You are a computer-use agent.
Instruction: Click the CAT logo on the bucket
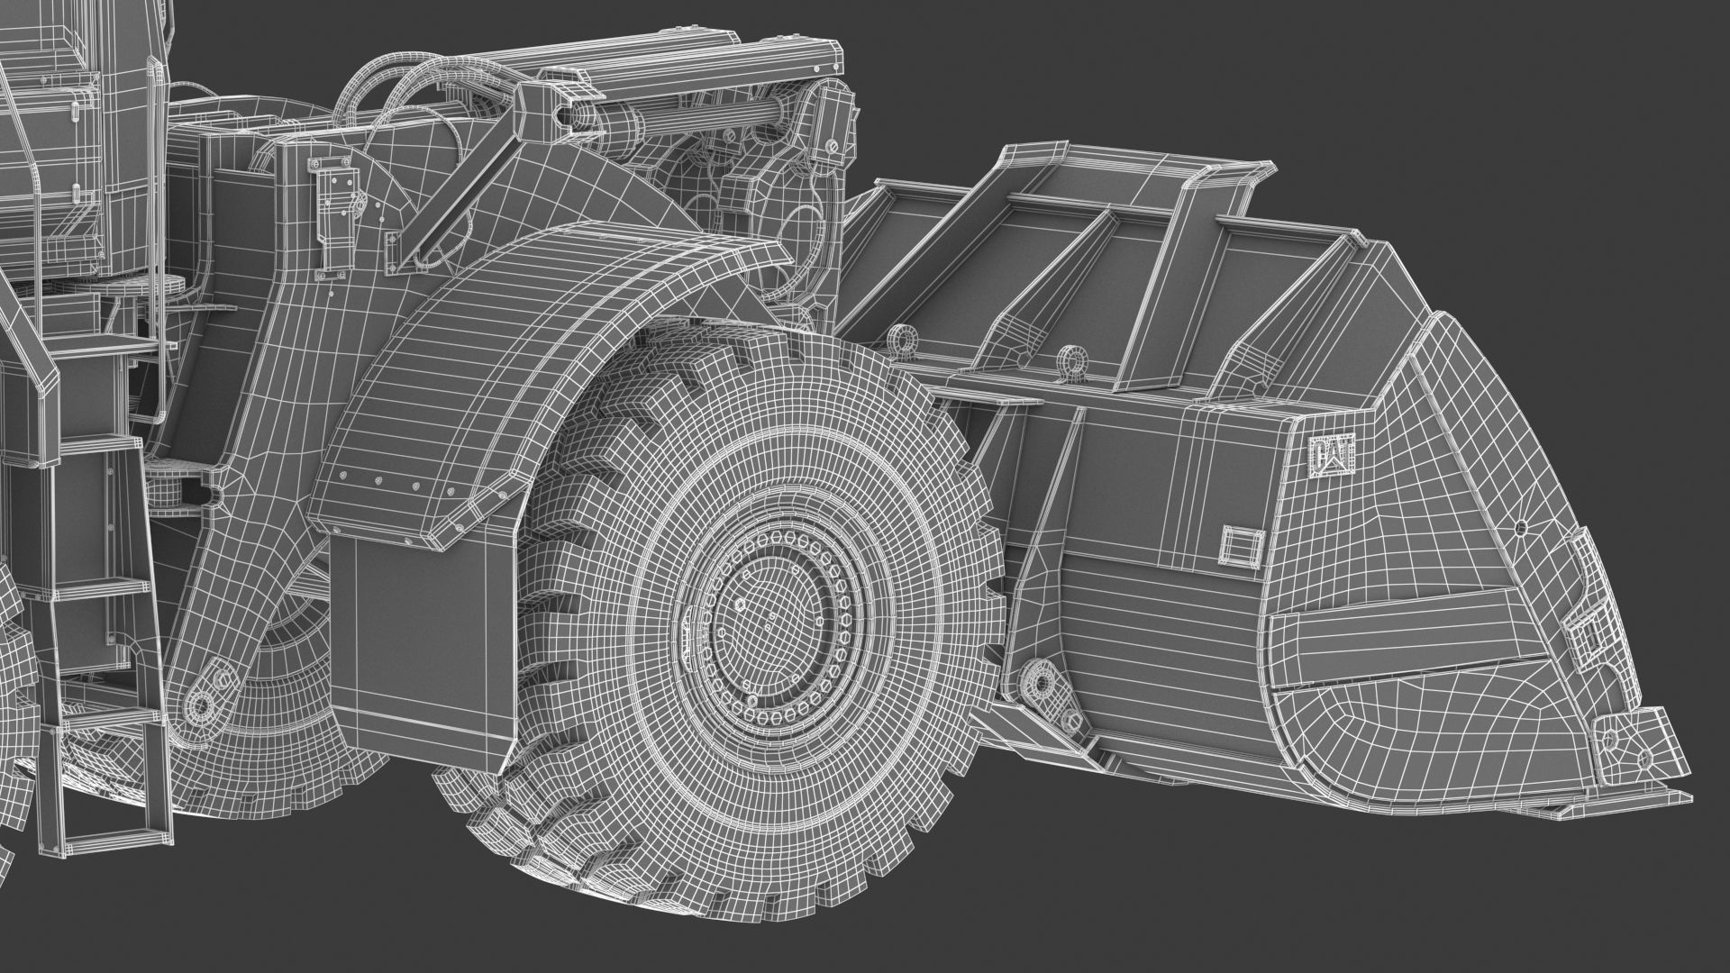tap(1331, 456)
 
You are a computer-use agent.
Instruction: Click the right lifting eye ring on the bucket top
tap(1070, 358)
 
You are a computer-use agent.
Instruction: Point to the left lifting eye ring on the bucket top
tap(898, 341)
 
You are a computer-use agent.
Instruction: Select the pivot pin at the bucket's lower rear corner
tap(1043, 683)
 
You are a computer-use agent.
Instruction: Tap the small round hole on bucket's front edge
tap(1520, 527)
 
